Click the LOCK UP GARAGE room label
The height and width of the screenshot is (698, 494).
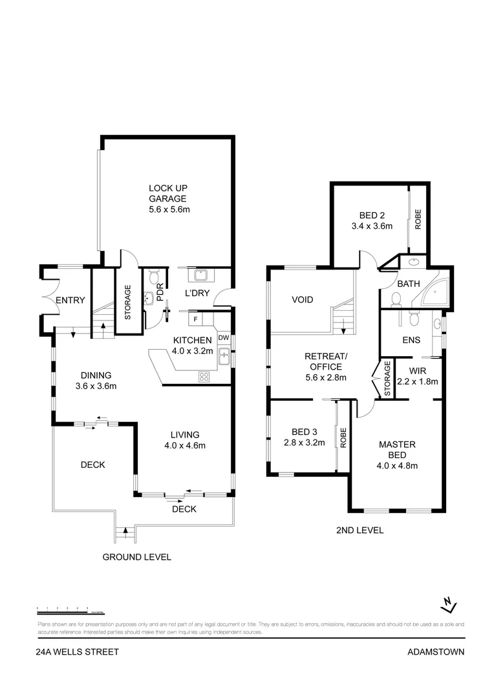click(168, 198)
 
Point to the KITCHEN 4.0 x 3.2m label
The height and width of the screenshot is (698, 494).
click(192, 346)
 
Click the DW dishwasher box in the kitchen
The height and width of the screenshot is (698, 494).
click(223, 337)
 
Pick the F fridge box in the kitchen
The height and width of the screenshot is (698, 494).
click(194, 319)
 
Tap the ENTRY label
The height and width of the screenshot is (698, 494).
click(70, 301)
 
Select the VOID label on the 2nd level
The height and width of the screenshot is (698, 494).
click(302, 300)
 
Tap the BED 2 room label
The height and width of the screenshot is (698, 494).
click(372, 221)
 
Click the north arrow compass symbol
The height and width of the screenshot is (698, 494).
click(449, 605)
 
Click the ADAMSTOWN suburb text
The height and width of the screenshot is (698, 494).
click(436, 652)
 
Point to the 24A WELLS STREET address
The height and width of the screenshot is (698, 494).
click(78, 652)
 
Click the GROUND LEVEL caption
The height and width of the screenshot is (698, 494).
click(137, 556)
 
